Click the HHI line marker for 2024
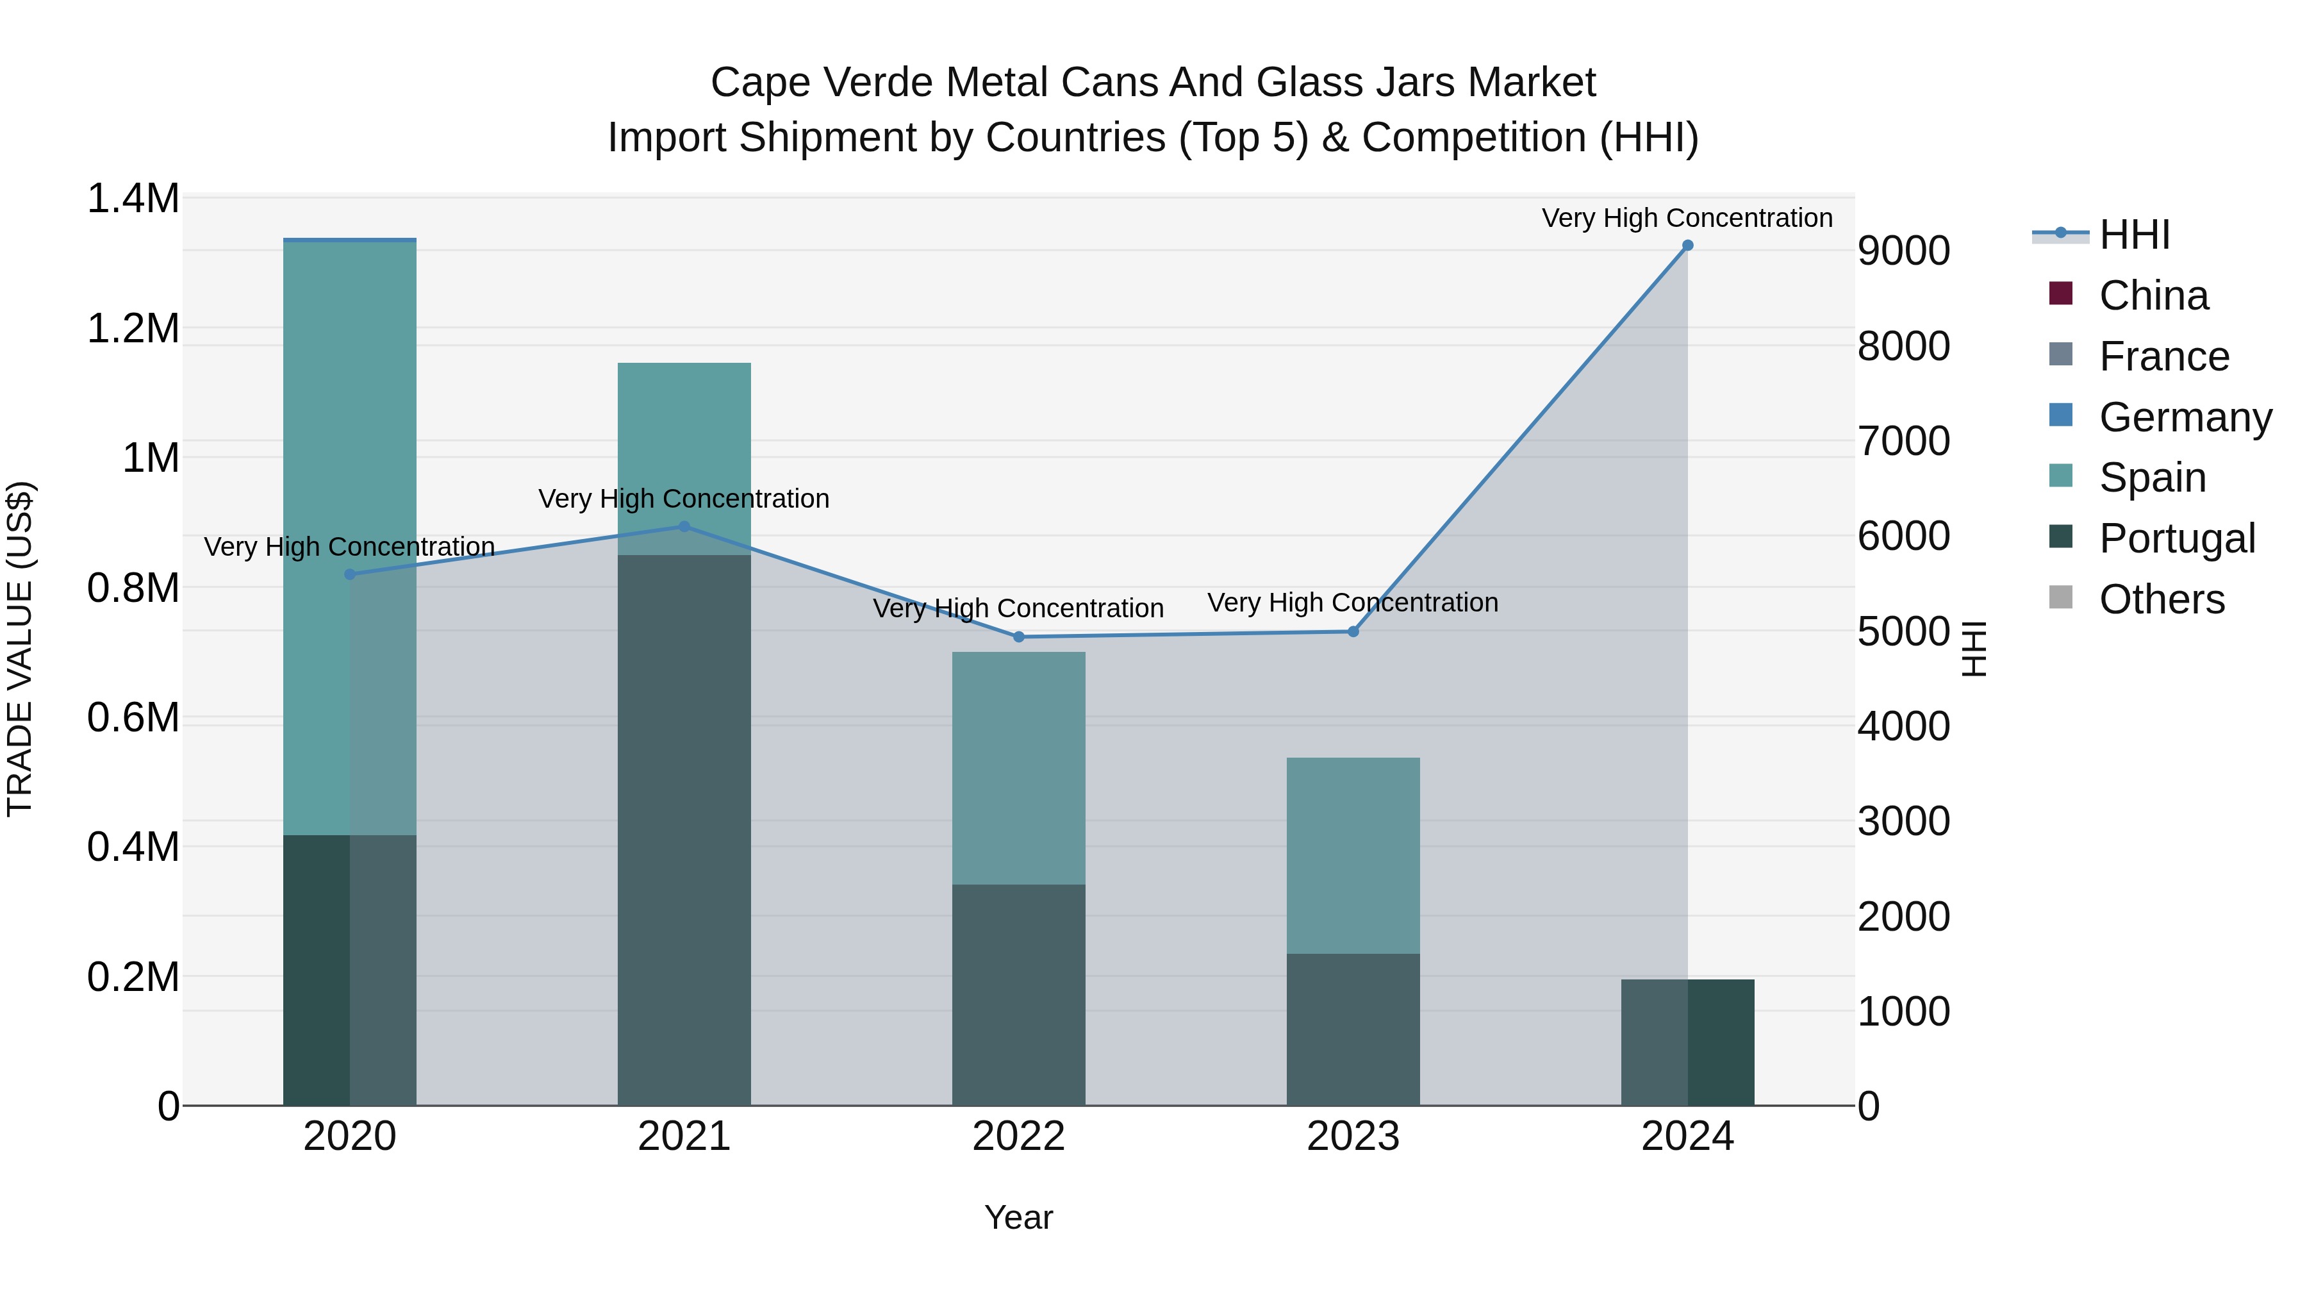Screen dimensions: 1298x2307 click(1687, 245)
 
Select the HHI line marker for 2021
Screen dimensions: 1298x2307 click(684, 527)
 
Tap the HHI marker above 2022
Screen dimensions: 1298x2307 click(1018, 637)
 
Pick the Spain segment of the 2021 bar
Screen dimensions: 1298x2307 click(684, 457)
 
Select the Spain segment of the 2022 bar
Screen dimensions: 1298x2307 click(1018, 768)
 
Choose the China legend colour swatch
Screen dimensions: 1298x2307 click(2061, 294)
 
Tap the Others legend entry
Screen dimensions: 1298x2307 click(2161, 599)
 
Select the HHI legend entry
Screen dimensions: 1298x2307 click(2133, 235)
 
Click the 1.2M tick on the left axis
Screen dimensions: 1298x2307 click(133, 329)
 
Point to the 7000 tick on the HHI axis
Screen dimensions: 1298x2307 click(1903, 441)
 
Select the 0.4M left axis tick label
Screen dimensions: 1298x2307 click(133, 847)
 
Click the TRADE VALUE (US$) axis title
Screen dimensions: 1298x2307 click(20, 649)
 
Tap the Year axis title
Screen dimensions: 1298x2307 click(1018, 1217)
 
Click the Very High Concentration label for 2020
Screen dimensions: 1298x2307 click(349, 546)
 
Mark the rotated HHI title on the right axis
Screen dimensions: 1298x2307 click(1973, 649)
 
